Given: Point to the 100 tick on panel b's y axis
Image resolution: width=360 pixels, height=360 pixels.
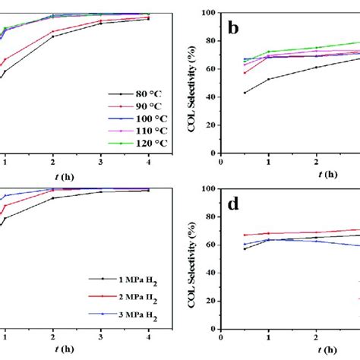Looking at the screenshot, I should pyautogui.click(x=209, y=14).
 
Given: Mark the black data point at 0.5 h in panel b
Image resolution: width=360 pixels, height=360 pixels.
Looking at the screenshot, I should pyautogui.click(x=245, y=93).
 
